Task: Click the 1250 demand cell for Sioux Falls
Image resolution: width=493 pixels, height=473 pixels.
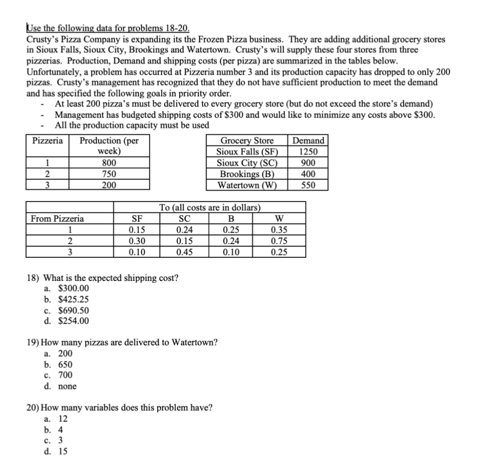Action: tap(309, 152)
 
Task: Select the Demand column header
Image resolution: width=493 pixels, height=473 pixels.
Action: tap(309, 141)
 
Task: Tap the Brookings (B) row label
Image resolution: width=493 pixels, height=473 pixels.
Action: tap(247, 174)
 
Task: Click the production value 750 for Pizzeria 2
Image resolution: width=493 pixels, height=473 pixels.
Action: tap(108, 174)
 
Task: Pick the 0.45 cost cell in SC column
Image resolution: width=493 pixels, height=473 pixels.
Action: tap(184, 252)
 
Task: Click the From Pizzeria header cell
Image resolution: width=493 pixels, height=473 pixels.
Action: tap(57, 219)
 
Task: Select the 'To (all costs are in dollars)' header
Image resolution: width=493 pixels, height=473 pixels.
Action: tap(210, 208)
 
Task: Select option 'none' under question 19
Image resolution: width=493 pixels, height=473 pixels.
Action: tap(67, 386)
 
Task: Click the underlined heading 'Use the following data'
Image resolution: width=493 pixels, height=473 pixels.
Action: tap(73, 28)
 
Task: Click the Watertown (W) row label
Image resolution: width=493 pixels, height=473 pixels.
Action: tap(247, 185)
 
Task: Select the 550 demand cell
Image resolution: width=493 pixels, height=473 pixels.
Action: tap(309, 185)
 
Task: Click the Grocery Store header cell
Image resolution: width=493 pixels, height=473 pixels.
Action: tap(247, 141)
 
